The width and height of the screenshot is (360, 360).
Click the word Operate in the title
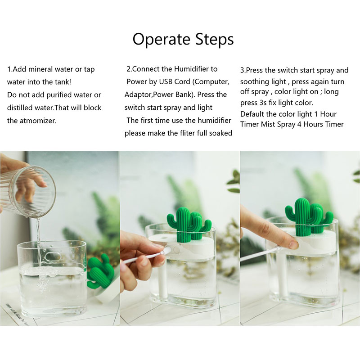162,39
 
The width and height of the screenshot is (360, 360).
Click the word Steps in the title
215,39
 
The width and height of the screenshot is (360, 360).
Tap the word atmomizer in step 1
38,121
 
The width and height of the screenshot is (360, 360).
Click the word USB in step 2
165,82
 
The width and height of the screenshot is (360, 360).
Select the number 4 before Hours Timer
299,124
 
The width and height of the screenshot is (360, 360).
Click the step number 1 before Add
9,69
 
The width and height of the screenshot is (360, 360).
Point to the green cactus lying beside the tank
100,272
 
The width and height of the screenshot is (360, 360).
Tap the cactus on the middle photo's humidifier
189,224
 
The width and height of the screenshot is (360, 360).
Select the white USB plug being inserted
166,251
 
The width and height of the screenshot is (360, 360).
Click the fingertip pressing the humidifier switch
293,243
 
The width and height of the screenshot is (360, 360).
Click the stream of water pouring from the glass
39,243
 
